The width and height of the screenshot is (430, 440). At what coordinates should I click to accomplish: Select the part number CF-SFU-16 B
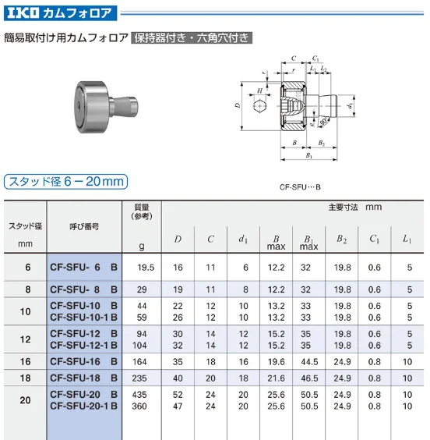[x=83, y=362]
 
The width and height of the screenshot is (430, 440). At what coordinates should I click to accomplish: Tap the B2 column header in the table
[x=341, y=238]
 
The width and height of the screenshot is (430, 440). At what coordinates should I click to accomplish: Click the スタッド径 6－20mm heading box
[x=66, y=182]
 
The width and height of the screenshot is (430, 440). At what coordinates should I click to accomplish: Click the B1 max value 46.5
[x=310, y=378]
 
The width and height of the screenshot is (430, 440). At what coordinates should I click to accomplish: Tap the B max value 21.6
[x=276, y=378]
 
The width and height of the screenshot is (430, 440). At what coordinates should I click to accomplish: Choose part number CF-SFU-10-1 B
[x=83, y=318]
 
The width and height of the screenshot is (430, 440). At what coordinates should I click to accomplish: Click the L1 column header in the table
[x=407, y=238]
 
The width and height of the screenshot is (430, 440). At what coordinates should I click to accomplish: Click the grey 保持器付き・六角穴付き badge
[x=192, y=37]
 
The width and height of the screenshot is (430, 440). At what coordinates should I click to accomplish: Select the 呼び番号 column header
[x=83, y=225]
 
